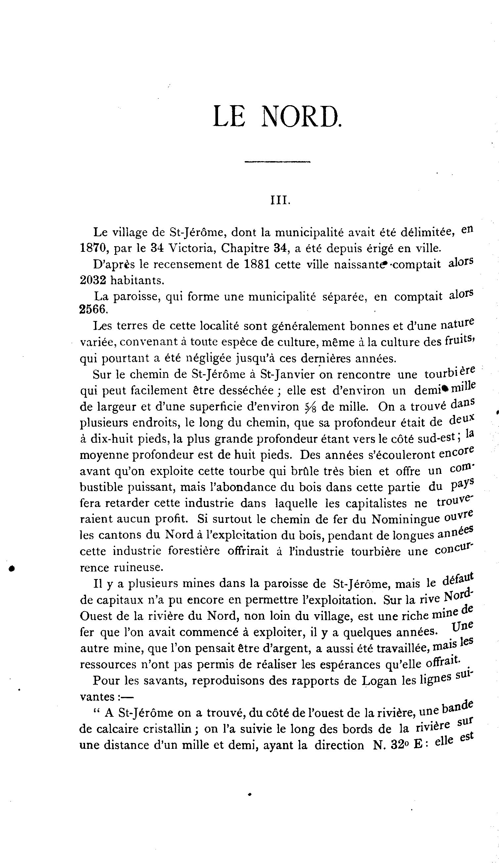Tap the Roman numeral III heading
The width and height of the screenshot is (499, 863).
(280, 201)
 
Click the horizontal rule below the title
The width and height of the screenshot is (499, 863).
(277, 161)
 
